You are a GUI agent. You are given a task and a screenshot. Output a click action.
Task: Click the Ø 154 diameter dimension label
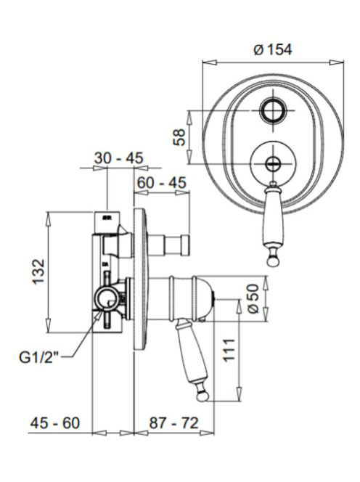[273, 49]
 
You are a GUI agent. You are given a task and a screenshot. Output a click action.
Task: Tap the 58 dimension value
[179, 137]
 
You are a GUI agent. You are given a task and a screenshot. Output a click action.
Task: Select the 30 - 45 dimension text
[118, 158]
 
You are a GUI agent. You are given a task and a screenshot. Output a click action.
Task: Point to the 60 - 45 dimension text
[162, 182]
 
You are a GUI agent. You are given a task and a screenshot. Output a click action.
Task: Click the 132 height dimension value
[39, 272]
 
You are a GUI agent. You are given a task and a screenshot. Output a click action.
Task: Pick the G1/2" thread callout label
[38, 357]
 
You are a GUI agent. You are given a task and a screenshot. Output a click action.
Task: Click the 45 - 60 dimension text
[55, 423]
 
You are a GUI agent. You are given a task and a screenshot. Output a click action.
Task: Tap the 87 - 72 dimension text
[174, 423]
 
